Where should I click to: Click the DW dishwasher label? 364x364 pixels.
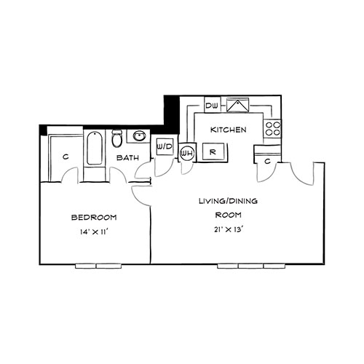tap(212, 106)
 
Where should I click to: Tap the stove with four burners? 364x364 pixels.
tap(272, 129)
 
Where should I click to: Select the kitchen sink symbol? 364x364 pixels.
tap(237, 105)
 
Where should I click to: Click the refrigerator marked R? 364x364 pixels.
tap(213, 152)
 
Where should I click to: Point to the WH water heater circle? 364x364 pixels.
tap(187, 153)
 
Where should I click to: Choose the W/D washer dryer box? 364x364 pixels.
tap(165, 146)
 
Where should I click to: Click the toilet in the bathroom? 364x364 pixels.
tap(116, 138)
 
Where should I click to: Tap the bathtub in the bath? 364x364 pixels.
tap(95, 148)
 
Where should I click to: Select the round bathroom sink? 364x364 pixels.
tap(139, 135)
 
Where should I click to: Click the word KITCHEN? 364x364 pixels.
tap(228, 130)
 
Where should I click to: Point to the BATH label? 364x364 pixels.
tap(127, 158)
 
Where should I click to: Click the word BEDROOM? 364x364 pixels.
tap(94, 217)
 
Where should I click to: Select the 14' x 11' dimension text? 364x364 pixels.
tap(94, 232)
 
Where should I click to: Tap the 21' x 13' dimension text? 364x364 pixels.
tap(229, 229)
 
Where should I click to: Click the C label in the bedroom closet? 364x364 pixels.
tap(66, 157)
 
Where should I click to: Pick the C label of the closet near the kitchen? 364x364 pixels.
tap(267, 161)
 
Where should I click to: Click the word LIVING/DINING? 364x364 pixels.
tap(228, 201)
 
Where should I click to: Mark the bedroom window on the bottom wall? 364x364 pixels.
tap(98, 266)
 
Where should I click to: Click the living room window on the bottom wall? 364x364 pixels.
tap(252, 266)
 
